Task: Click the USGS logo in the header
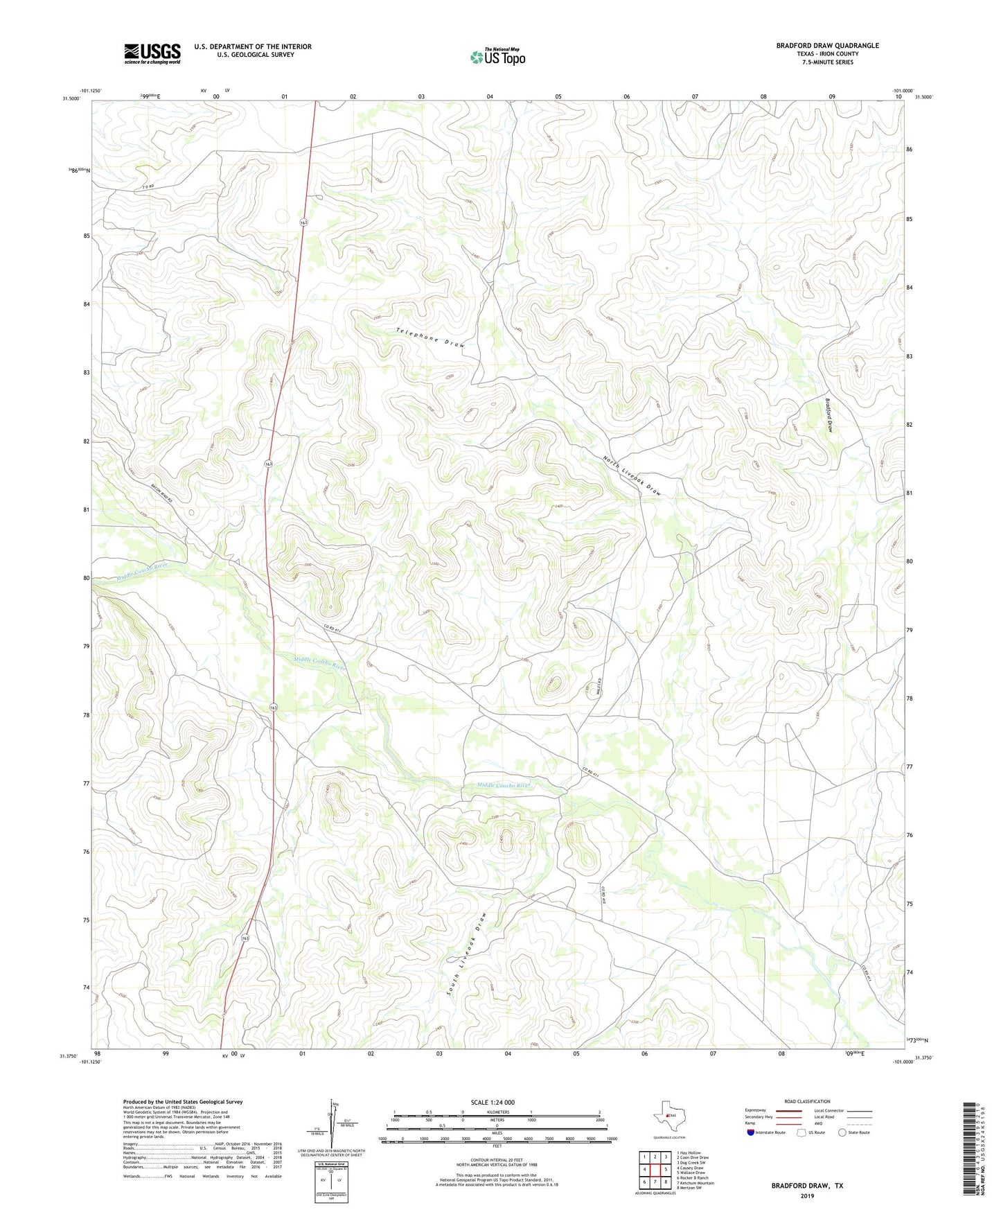click(x=152, y=53)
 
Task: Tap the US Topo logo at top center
click(x=497, y=56)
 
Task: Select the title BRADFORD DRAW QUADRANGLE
click(x=827, y=46)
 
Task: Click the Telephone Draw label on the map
click(x=430, y=337)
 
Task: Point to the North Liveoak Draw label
click(x=632, y=475)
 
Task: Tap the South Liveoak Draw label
click(x=467, y=954)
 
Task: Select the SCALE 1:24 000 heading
click(x=493, y=1102)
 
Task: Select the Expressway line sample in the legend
click(x=788, y=1110)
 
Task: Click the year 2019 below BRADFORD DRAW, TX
click(x=806, y=1195)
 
